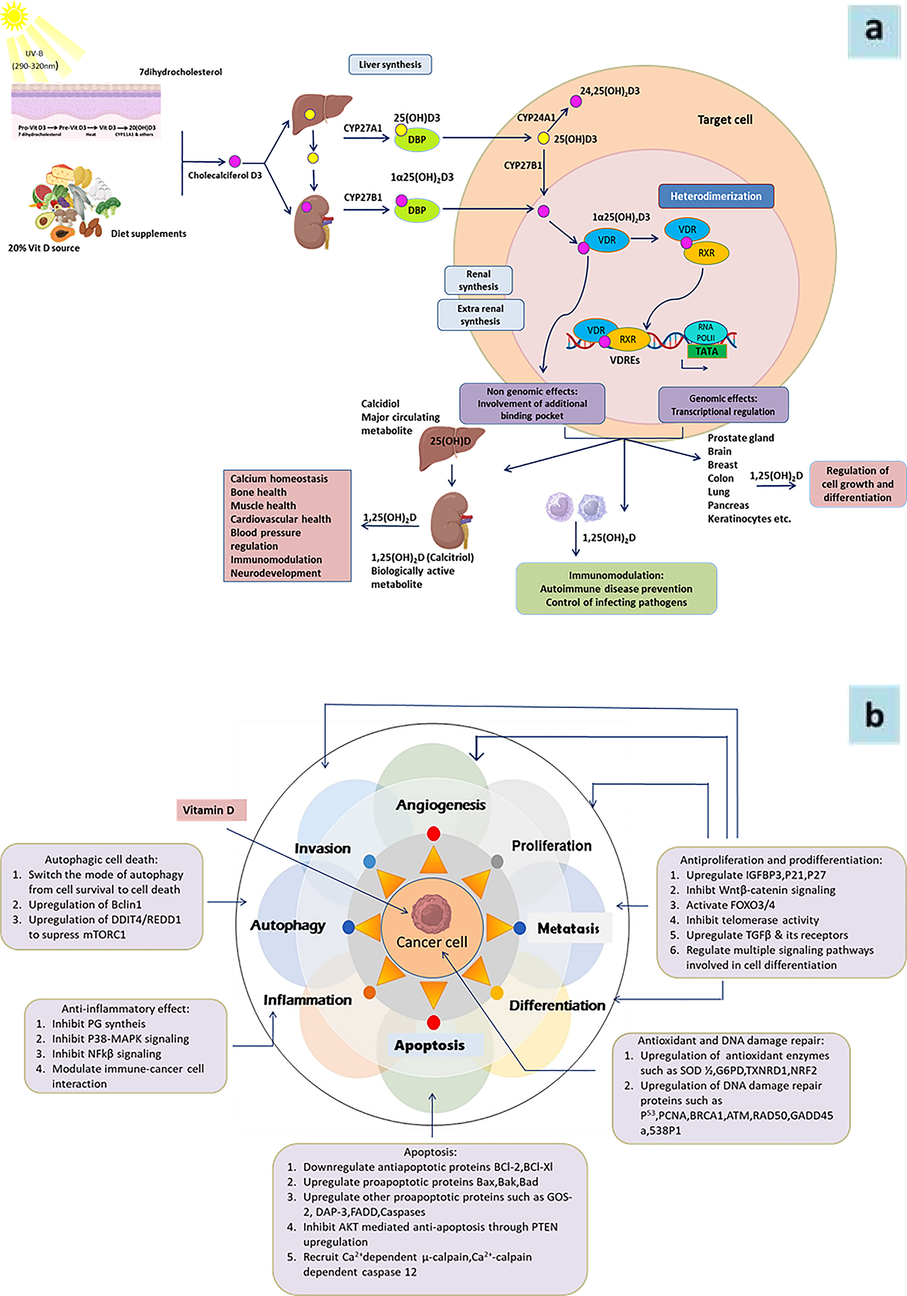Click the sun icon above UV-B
tap(14, 15)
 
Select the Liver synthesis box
tap(390, 64)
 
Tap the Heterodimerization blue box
tap(715, 196)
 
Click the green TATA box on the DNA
tap(706, 351)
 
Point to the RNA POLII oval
tap(705, 333)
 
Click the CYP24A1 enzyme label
tap(536, 117)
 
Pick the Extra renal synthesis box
tap(480, 315)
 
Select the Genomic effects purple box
tap(723, 405)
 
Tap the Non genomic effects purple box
tap(532, 404)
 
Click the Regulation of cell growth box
tap(857, 484)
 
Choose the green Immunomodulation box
tap(616, 588)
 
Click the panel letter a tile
tap(874, 31)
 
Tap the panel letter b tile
tap(874, 714)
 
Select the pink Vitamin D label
tap(211, 810)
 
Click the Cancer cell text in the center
tap(431, 942)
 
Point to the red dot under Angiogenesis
tap(433, 833)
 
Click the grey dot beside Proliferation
tap(497, 861)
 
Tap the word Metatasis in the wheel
tap(568, 929)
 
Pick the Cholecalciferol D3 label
tap(225, 176)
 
